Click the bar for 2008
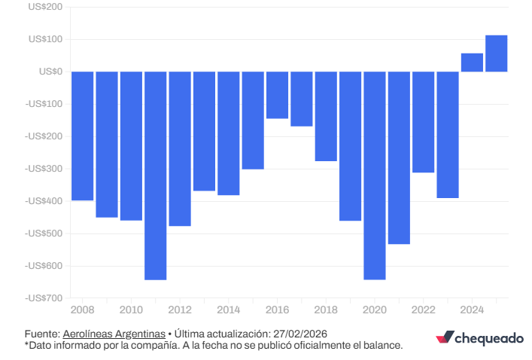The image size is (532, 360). tap(82, 136)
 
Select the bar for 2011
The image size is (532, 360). tap(155, 175)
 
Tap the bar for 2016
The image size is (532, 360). tap(277, 95)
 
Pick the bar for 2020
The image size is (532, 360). tap(375, 175)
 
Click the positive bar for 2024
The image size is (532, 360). tap(472, 63)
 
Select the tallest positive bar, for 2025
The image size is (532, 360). tap(496, 53)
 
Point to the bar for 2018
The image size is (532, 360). tap(326, 116)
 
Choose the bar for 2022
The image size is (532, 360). tap(424, 122)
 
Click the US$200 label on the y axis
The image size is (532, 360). tap(45, 7)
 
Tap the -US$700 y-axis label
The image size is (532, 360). tap(43, 298)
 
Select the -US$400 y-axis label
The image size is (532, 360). tap(43, 201)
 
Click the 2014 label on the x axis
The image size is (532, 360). tap(228, 310)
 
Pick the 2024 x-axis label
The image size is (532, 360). tap(472, 310)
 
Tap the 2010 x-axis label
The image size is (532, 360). tap(131, 310)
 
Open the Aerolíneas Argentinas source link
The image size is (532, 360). tap(114, 334)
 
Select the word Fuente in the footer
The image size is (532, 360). tap(41, 334)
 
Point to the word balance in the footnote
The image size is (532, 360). tap(384, 345)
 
